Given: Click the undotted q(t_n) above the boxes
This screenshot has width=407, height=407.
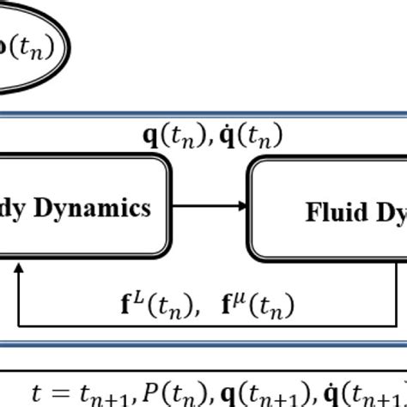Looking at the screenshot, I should (x=175, y=135).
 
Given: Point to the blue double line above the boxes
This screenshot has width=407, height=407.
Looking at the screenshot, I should (x=203, y=112).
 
